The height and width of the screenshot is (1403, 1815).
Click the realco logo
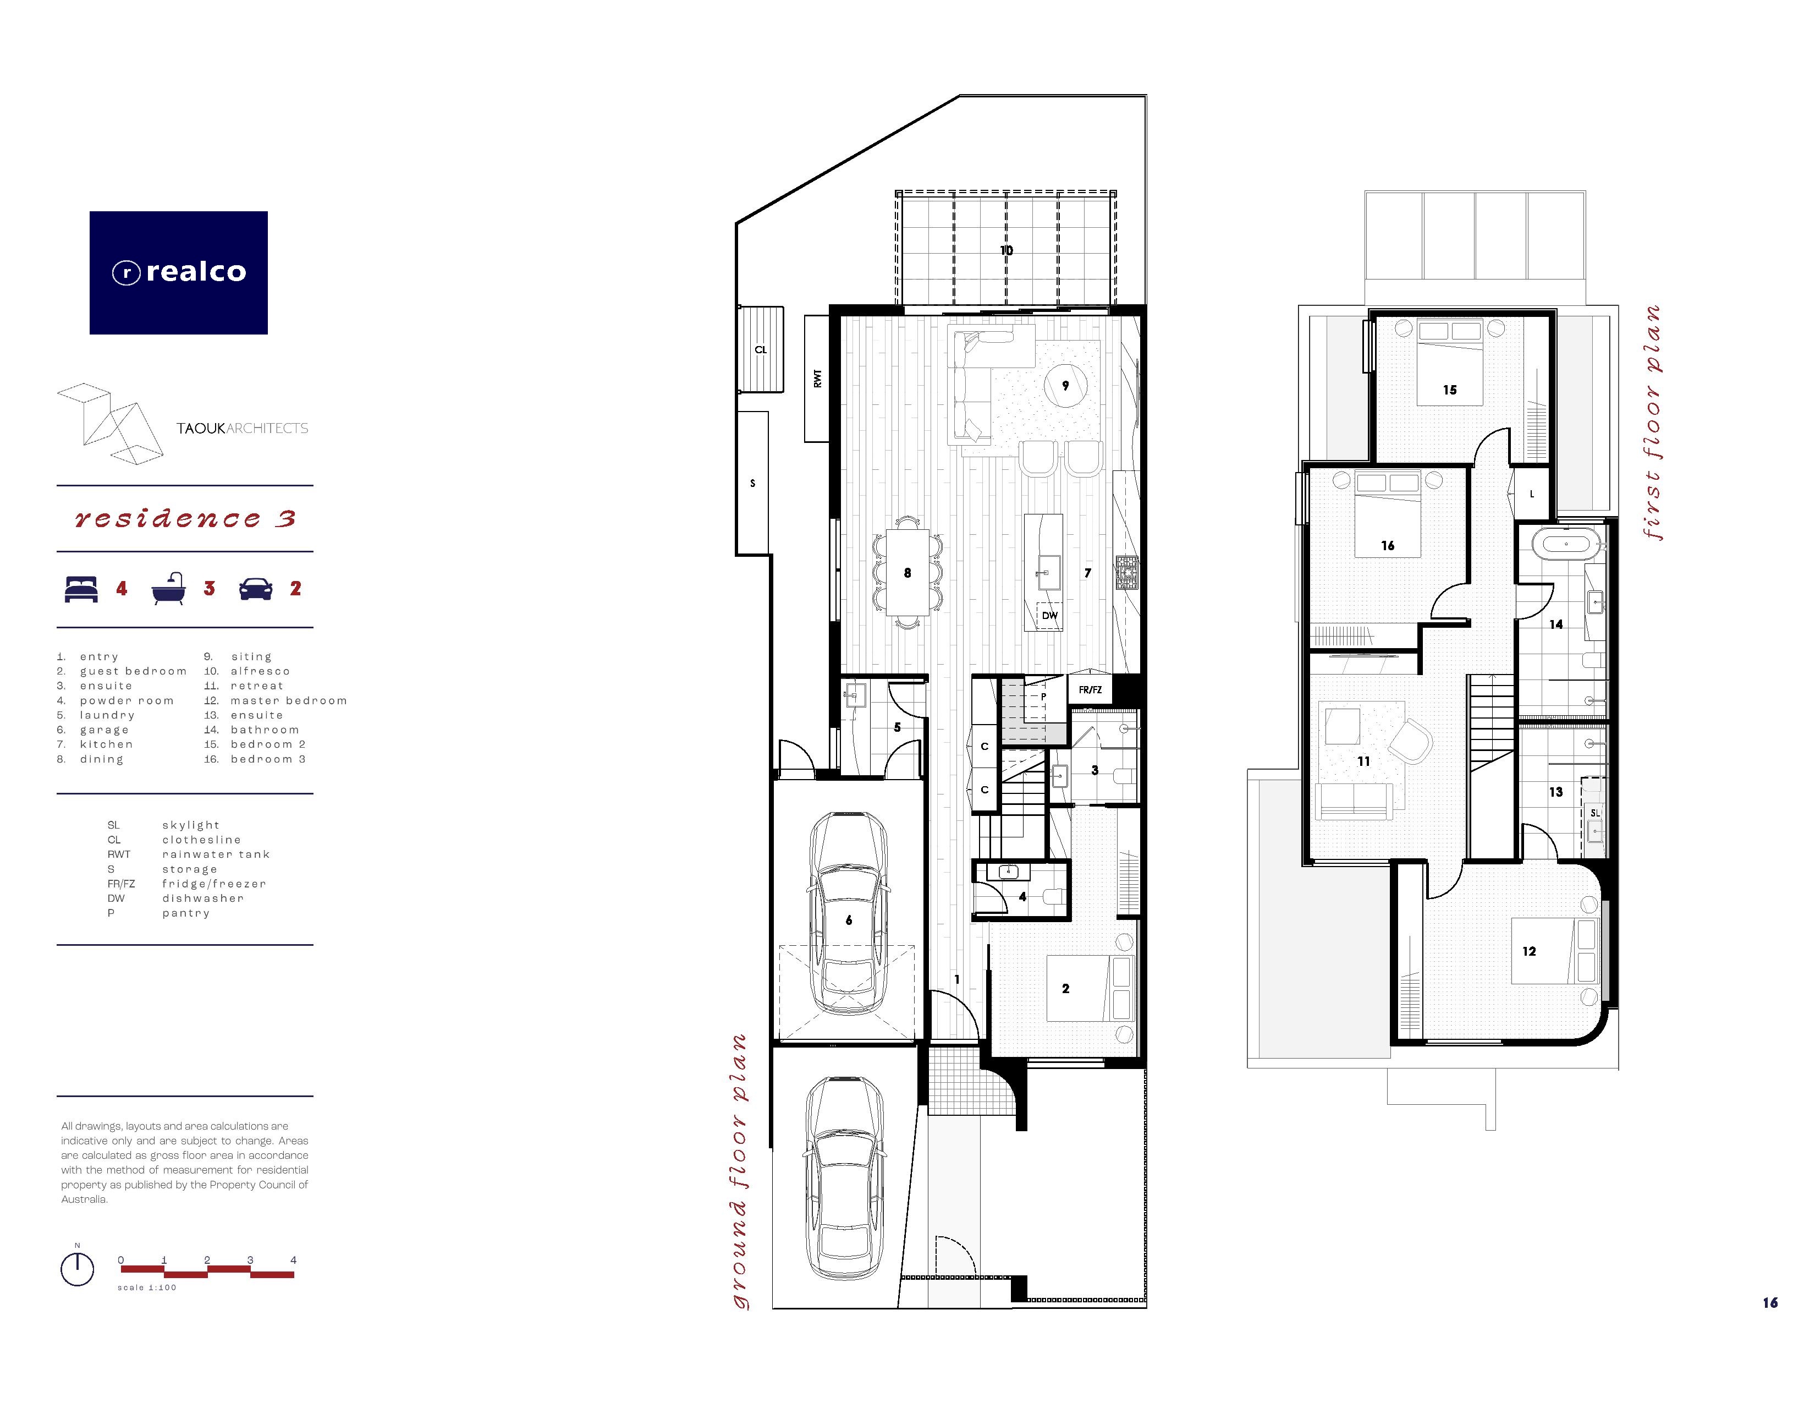coord(179,272)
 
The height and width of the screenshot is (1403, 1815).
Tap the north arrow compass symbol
coord(78,1268)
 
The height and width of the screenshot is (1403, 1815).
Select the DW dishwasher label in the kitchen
coord(1049,616)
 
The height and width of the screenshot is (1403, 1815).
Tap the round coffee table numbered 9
coord(1065,386)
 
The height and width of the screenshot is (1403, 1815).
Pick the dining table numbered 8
coord(908,573)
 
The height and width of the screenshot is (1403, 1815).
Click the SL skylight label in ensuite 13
coord(1595,813)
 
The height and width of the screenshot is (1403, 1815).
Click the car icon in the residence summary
coord(256,589)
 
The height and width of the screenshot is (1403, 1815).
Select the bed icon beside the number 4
coord(81,589)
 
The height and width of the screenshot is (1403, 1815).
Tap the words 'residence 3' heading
coord(184,519)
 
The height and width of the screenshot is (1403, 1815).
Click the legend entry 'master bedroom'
coord(288,700)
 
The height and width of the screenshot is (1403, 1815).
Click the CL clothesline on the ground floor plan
coord(761,349)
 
